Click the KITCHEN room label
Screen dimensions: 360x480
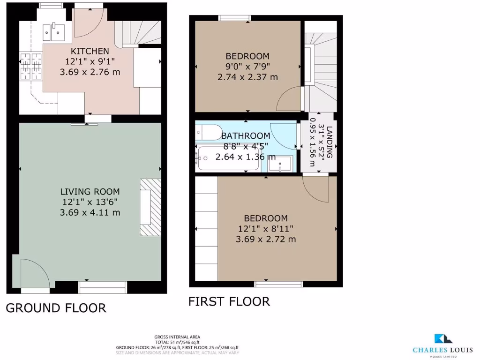90,51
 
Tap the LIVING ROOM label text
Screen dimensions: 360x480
90,191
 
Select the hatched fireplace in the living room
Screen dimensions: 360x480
150,207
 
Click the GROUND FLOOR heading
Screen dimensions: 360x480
56,308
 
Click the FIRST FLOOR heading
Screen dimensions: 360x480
229,301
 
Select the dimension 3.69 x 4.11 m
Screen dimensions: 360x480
90,212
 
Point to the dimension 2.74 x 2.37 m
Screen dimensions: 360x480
247,77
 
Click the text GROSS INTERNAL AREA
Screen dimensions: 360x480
177,337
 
